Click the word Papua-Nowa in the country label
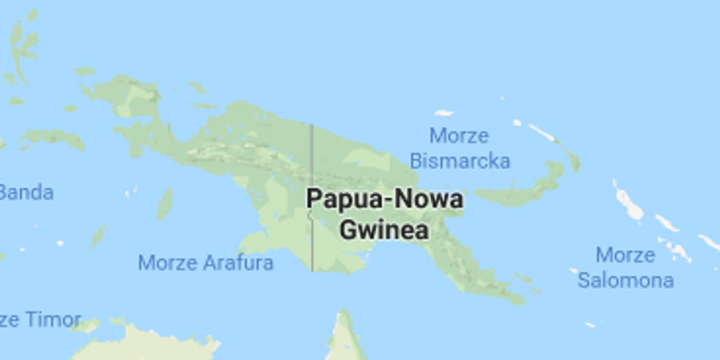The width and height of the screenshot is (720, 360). point(385,200)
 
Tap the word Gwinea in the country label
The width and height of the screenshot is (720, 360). point(385,230)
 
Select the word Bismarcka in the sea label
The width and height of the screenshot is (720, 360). point(460,161)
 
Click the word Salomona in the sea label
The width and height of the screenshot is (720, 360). point(625,280)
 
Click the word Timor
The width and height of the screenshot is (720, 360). point(53,320)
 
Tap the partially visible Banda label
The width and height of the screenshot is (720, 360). point(26,193)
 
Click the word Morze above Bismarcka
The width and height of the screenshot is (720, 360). point(459,136)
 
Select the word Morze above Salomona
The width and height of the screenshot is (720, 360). point(625,255)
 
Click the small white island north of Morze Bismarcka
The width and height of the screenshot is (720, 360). point(443,113)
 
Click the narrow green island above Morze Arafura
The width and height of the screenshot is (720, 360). point(165,204)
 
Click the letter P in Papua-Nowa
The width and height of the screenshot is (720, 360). point(314,200)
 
